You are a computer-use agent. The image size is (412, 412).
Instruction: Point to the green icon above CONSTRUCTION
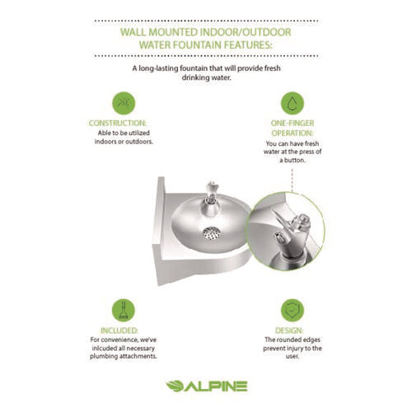pos(122,103)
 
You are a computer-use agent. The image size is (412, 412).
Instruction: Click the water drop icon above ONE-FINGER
pos(291,103)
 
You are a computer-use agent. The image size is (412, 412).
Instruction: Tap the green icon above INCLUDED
pos(122,310)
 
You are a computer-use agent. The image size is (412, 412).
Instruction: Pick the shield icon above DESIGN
pos(292,310)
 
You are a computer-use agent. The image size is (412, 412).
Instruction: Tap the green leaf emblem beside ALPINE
pos(176,385)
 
